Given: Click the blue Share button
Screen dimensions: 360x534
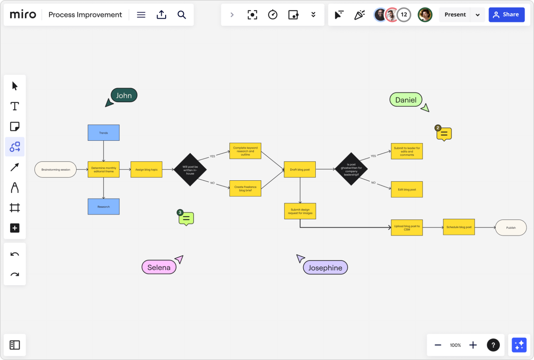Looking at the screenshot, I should click(x=506, y=15).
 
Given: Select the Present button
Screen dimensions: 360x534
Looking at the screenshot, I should click(x=455, y=15).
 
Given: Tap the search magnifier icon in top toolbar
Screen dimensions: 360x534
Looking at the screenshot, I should click(x=181, y=15).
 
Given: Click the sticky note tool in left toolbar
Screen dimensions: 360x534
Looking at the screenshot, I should click(x=15, y=126).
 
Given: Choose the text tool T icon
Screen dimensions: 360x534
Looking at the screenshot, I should click(x=15, y=106).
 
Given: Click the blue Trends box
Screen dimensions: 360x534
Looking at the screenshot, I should click(x=103, y=133).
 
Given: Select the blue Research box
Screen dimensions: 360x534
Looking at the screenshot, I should click(x=103, y=207).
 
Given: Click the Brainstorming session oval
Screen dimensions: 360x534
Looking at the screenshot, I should click(x=55, y=170).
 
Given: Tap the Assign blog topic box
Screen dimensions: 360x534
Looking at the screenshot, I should click(x=146, y=170).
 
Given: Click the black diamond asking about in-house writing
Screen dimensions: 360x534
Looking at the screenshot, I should click(x=190, y=170).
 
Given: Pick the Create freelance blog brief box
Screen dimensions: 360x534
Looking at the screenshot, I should click(x=245, y=189).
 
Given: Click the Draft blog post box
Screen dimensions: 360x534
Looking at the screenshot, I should click(x=300, y=170).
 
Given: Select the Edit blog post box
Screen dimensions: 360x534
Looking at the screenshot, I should click(x=407, y=189).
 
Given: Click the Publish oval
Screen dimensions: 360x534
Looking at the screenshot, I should click(x=511, y=228).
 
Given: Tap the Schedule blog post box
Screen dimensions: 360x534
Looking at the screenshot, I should click(x=459, y=227).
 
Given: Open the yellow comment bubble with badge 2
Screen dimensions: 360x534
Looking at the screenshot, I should click(x=444, y=134).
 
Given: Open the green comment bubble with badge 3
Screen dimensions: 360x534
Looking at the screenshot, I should click(x=186, y=218).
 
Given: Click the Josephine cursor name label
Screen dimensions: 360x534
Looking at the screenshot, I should click(x=325, y=268).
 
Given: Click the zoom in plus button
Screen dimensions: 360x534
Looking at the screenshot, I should click(x=473, y=345).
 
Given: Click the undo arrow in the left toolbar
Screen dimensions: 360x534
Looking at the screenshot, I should click(x=15, y=254).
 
